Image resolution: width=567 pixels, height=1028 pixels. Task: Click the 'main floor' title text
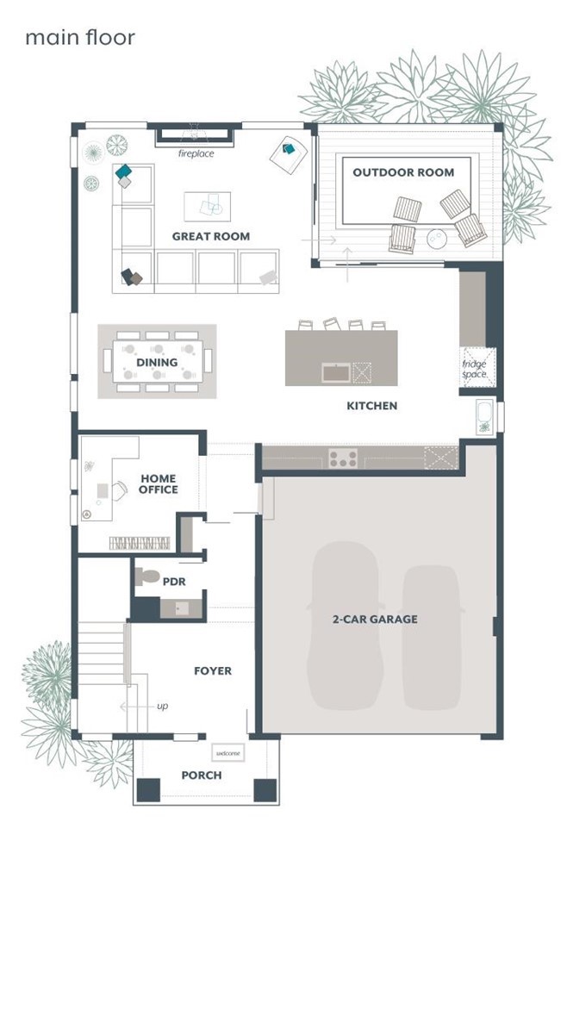point(80,38)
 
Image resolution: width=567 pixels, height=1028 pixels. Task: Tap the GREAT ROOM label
point(211,236)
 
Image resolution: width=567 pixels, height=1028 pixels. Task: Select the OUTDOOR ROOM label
point(403,172)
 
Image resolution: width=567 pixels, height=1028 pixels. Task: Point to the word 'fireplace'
point(196,154)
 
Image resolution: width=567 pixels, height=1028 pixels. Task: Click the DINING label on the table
point(157,362)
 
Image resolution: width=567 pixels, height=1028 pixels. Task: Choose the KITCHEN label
point(371,406)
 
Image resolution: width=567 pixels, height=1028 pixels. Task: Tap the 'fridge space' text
point(475,369)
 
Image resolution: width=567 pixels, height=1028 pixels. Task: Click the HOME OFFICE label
point(158,484)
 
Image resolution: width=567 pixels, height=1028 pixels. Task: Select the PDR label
point(174,582)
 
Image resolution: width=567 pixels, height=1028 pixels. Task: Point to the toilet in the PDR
point(146,577)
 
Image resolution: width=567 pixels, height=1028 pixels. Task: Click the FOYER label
point(212,670)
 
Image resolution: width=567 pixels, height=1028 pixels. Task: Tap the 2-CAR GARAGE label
point(375,619)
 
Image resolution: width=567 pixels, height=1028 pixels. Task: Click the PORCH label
point(202,775)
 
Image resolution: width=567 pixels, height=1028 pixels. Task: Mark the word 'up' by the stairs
point(163,706)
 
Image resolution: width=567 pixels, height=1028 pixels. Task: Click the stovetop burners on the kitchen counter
point(343,458)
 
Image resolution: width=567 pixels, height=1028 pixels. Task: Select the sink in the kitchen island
point(336,372)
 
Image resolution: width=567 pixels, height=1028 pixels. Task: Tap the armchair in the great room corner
point(289,155)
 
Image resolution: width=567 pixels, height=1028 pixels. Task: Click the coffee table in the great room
point(208,207)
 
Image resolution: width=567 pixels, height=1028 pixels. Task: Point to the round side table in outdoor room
point(437,239)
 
